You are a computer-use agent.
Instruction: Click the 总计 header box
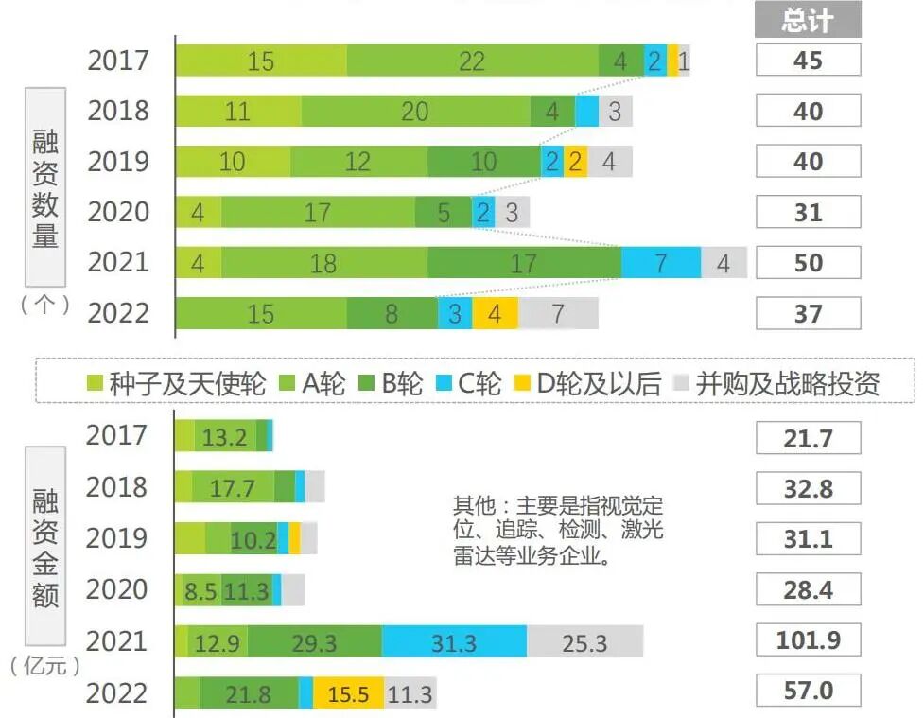point(808,20)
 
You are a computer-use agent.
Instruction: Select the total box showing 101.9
point(808,640)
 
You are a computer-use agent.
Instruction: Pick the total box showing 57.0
point(808,692)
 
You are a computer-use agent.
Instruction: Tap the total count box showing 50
point(808,262)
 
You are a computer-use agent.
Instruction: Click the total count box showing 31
point(808,212)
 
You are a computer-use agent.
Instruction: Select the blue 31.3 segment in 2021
point(454,641)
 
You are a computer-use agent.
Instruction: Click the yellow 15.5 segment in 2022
point(348,693)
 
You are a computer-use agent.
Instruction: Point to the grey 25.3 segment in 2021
point(584,641)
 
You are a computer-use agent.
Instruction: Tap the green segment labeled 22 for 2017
point(472,61)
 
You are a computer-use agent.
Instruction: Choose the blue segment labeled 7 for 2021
point(661,263)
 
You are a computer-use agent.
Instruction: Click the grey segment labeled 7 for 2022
point(558,313)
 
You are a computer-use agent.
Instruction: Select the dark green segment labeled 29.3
point(314,641)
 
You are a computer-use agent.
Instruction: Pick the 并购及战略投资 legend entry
point(776,383)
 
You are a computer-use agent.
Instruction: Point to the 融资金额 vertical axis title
point(45,549)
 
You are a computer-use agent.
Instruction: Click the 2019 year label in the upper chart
point(118,162)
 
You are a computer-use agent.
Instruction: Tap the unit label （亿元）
point(45,666)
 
